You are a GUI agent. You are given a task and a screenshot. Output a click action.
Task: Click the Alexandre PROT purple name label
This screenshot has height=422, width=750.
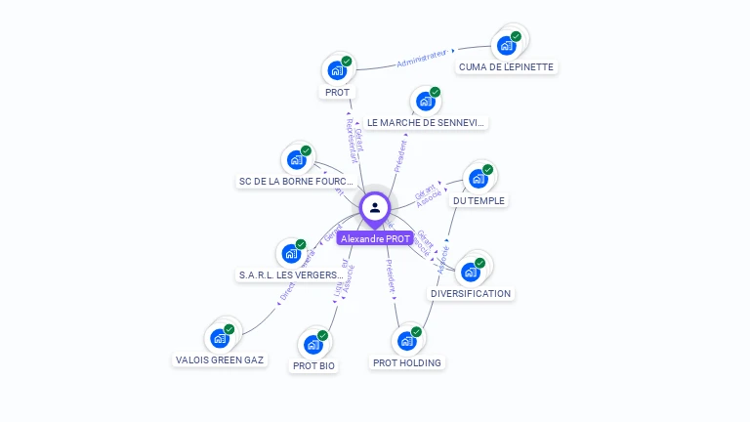point(375,238)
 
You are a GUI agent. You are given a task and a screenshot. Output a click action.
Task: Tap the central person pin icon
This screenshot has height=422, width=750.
point(375,207)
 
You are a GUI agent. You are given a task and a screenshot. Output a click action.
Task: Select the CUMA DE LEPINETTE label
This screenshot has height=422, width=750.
point(506,67)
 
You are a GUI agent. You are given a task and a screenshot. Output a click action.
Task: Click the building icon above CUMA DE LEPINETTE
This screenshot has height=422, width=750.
point(507,44)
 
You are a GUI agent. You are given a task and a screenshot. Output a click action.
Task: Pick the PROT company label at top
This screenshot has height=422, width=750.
point(337,92)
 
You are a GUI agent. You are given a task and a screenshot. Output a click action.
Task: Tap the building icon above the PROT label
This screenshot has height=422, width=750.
point(338,69)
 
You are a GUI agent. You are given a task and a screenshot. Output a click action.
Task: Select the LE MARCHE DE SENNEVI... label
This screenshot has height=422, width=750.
point(426,123)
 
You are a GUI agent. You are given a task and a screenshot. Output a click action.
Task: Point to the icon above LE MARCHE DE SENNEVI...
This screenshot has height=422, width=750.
point(426,100)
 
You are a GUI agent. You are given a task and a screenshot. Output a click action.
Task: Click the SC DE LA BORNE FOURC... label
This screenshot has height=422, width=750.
point(296,182)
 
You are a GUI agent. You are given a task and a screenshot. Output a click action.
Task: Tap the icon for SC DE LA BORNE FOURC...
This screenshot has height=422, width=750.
point(296,159)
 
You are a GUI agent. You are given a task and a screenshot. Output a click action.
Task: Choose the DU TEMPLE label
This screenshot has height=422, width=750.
point(479,200)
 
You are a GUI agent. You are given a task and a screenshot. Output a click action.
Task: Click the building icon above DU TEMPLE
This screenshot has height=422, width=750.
point(479,178)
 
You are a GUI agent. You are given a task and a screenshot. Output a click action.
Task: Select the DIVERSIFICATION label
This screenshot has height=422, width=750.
point(471,293)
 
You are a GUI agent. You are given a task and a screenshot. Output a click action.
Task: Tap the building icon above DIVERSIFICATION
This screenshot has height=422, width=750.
point(471,271)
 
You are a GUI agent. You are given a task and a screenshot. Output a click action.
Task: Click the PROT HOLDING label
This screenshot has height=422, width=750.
point(407,362)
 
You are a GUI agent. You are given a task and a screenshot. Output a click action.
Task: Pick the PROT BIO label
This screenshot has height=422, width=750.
point(313,366)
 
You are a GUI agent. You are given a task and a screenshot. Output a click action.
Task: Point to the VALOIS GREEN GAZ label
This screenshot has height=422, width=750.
point(220,359)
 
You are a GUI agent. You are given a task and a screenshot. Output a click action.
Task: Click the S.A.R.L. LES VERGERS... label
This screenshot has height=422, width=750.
point(292,275)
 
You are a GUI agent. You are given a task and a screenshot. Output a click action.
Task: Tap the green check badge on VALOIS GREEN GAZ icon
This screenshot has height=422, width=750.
point(229,329)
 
